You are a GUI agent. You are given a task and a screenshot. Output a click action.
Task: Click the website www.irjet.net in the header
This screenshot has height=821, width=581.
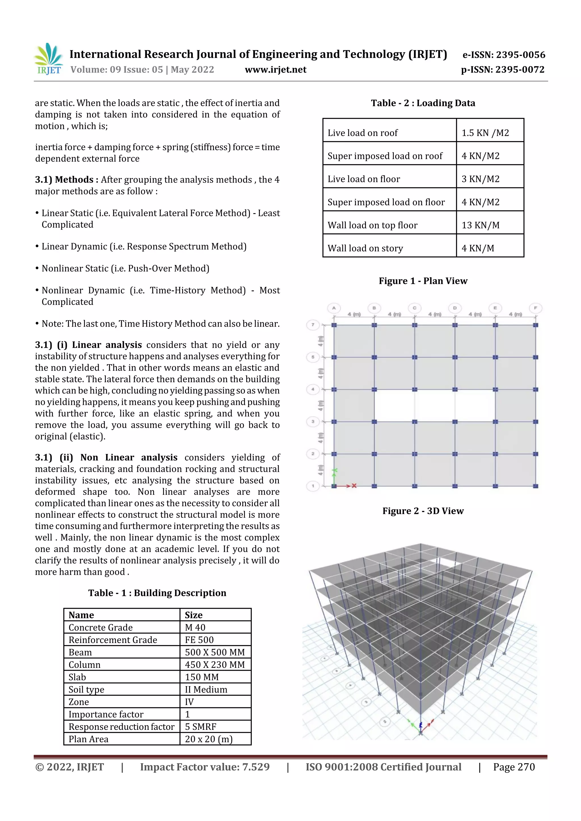click(275, 70)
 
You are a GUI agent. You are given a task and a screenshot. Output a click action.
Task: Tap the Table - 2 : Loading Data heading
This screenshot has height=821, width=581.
click(423, 103)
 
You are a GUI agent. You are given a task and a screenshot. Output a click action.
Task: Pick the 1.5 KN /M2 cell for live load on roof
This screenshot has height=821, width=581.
click(485, 133)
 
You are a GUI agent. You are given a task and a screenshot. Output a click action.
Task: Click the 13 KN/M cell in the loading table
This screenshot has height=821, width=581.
click(480, 225)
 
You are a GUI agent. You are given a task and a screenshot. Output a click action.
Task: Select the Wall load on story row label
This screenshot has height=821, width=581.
click(365, 248)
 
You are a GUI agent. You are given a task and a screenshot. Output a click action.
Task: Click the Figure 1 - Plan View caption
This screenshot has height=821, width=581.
click(423, 281)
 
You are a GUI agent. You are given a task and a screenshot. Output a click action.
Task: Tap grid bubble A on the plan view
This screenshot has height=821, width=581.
click(334, 308)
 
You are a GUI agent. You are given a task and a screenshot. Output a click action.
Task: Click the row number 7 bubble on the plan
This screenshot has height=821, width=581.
click(313, 325)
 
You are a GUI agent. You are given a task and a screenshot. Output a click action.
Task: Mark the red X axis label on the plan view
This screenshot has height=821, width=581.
click(354, 485)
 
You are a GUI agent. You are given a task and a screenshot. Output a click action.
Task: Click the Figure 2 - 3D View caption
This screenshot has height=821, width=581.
click(423, 511)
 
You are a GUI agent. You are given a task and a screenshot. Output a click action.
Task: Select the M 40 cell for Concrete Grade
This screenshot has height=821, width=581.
click(195, 627)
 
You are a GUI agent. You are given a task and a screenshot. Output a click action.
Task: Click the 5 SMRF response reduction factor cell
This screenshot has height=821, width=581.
click(201, 727)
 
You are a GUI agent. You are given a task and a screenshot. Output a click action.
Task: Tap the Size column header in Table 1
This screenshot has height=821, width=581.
click(194, 615)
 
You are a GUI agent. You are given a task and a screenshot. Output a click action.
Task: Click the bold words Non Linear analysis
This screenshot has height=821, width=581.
click(129, 458)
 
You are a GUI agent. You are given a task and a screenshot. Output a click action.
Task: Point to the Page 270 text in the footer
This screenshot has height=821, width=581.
click(514, 767)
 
